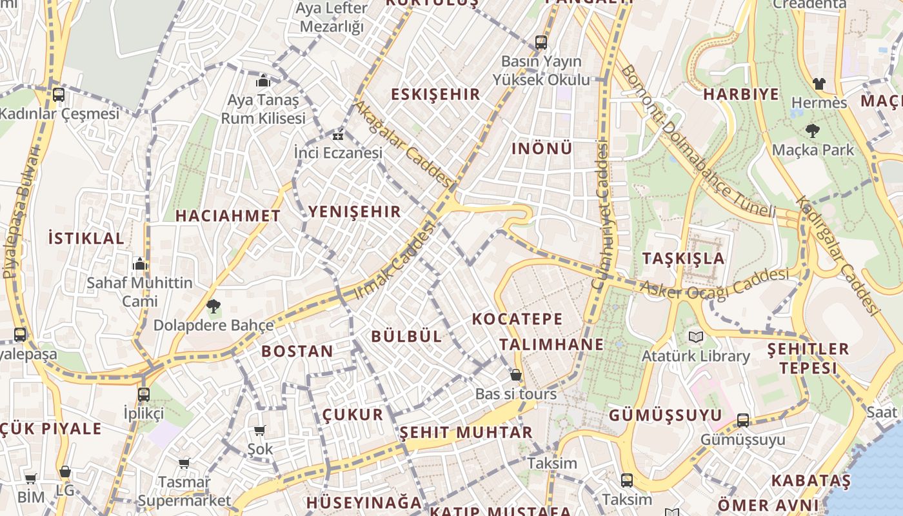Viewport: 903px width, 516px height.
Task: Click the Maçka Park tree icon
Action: (812, 131)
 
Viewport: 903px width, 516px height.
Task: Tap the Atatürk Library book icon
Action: (695, 337)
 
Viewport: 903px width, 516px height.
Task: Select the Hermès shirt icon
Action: (819, 83)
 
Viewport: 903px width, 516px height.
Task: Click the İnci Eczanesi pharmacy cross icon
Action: (337, 135)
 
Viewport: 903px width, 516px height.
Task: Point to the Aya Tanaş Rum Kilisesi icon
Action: (263, 81)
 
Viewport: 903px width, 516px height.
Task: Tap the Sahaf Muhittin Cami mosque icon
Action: (139, 264)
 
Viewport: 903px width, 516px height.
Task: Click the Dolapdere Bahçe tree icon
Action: (213, 306)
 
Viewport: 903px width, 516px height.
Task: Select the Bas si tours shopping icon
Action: (515, 375)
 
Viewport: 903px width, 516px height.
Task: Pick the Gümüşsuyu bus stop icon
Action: (743, 421)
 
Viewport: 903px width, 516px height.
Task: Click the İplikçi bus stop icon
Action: (143, 394)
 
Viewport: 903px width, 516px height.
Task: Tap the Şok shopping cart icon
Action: (259, 430)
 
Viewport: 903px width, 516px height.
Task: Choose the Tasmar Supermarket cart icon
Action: (184, 462)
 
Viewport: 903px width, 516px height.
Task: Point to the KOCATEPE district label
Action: (517, 319)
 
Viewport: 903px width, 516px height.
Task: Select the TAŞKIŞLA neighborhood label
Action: (683, 259)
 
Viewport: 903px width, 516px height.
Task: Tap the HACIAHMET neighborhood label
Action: (228, 215)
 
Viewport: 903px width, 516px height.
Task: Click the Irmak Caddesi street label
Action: (395, 261)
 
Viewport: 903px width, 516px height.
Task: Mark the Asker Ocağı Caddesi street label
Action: (715, 284)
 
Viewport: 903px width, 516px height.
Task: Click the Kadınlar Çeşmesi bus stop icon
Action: (58, 95)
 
